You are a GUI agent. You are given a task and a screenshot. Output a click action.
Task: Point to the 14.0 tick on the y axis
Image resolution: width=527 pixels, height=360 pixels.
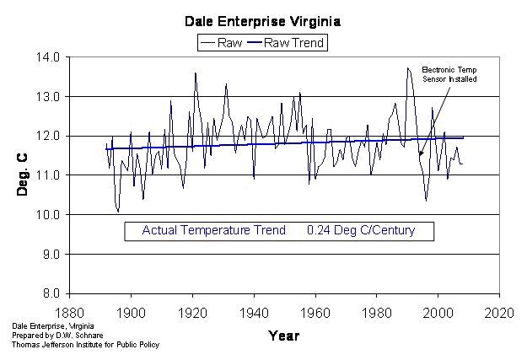[x=47, y=57]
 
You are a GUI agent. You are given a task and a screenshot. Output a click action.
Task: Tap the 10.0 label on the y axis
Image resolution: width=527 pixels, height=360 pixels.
[x=47, y=215]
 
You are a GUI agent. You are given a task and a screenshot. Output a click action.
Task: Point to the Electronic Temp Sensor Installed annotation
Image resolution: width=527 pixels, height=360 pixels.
[x=449, y=74]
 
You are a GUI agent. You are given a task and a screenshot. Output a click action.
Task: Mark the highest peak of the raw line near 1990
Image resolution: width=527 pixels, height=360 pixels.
[x=408, y=68]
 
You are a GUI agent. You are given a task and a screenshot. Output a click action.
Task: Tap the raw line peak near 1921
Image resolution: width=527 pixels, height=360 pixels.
[x=196, y=73]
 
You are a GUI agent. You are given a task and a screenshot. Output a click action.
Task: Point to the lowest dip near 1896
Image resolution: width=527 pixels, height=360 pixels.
[x=118, y=212]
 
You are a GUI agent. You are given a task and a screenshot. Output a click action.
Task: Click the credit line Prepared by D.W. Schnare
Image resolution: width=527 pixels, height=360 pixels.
[x=51, y=336]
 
